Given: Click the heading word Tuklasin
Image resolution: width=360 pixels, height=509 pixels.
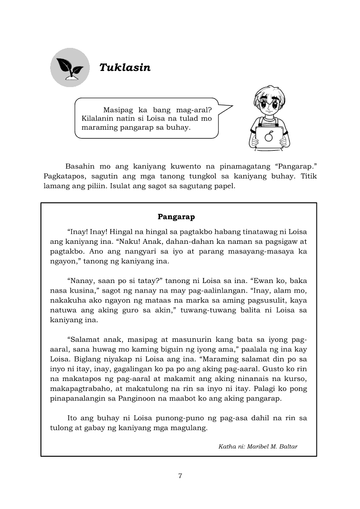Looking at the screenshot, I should click(125, 67).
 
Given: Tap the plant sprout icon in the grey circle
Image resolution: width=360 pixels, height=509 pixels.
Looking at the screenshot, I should click(69, 67).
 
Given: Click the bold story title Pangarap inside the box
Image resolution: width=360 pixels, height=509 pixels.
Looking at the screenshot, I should click(176, 216).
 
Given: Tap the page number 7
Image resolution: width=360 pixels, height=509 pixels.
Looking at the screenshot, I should click(180, 475).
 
